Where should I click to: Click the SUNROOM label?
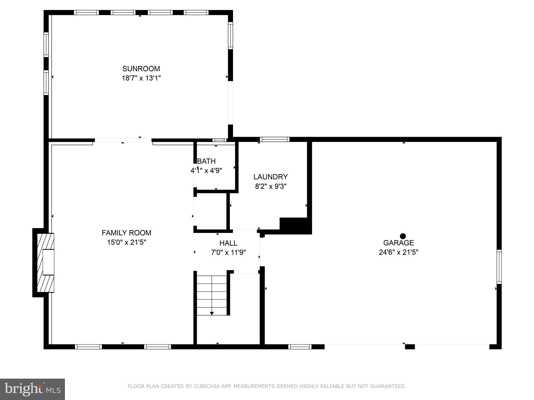141,69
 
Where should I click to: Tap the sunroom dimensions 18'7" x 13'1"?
141,78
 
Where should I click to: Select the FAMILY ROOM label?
126,233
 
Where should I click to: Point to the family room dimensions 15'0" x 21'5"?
126,242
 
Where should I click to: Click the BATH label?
207,161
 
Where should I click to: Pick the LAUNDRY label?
271,177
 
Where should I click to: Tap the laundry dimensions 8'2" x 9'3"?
271,187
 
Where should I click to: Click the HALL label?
228,243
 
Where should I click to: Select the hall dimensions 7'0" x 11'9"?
228,253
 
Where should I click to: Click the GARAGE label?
398,243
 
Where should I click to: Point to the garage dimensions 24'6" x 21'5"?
398,252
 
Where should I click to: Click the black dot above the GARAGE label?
403,236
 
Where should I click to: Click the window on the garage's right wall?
499,267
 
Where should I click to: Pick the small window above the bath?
219,140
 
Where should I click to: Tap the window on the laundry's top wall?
274,139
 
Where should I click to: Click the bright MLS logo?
32,389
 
